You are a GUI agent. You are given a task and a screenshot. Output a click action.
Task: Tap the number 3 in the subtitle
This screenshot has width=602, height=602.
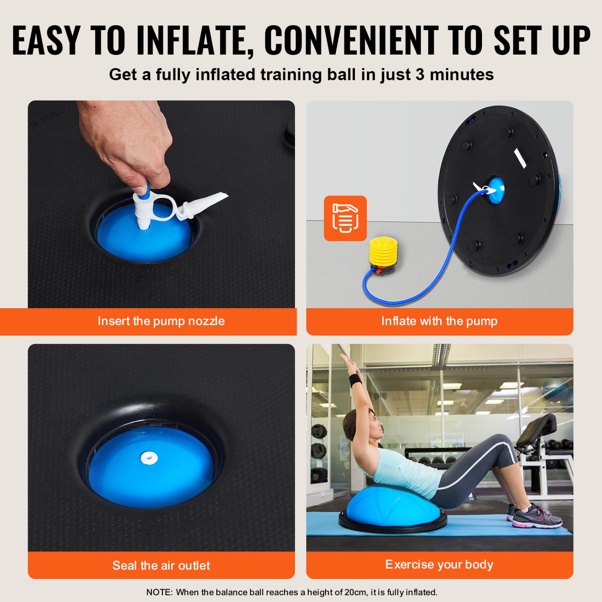(x=420, y=75)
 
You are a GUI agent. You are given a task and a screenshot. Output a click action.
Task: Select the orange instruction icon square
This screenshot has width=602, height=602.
(x=345, y=218)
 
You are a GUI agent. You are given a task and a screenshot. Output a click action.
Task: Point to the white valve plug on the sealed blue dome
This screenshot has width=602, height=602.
(x=149, y=458)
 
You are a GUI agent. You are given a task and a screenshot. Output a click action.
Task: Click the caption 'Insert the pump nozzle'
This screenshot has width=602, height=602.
(x=161, y=321)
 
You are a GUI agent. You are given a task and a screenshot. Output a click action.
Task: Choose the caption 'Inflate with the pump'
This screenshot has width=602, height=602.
(x=439, y=321)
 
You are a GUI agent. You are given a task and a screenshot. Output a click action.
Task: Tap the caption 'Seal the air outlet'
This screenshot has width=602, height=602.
(x=161, y=565)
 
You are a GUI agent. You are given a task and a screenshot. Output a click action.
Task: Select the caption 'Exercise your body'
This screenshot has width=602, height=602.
(x=439, y=564)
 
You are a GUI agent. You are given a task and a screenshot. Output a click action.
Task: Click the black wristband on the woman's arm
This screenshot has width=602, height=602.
(x=356, y=380)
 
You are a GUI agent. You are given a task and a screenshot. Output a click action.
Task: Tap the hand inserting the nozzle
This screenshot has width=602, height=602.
(x=128, y=148)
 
